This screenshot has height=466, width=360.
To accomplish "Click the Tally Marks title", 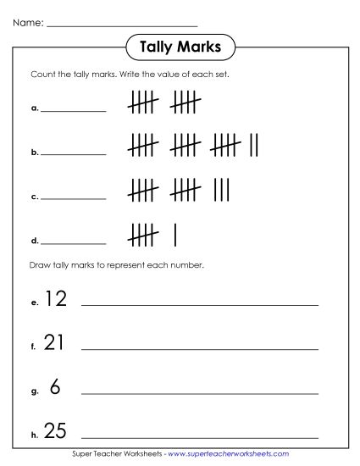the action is pyautogui.click(x=179, y=48).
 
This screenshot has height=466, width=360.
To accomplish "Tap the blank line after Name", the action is pyautogui.click(x=122, y=25).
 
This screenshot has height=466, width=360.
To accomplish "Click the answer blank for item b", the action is pyautogui.click(x=74, y=153).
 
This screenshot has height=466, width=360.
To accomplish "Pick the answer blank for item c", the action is pyautogui.click(x=74, y=197).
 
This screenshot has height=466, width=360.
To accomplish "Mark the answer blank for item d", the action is pyautogui.click(x=74, y=241).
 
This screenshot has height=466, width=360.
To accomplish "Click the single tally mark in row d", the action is pyautogui.click(x=174, y=234).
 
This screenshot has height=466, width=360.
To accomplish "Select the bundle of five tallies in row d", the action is pyautogui.click(x=143, y=234).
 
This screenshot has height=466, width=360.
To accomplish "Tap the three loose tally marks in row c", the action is pyautogui.click(x=223, y=189).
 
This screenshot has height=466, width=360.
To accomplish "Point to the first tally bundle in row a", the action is pyautogui.click(x=143, y=103).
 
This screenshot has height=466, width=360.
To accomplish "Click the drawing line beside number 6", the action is pyautogui.click(x=199, y=393).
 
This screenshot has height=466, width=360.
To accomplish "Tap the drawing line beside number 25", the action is pyautogui.click(x=199, y=438).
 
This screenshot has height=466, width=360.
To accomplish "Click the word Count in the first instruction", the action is pyautogui.click(x=40, y=75).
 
